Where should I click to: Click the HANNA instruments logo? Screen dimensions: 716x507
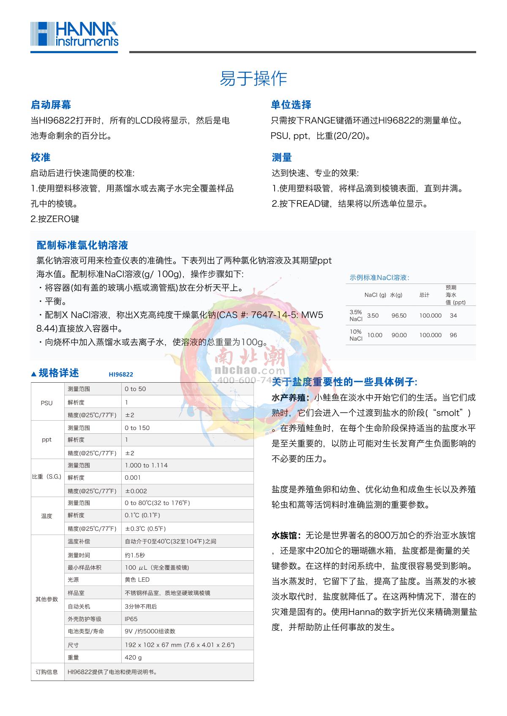point(74,35)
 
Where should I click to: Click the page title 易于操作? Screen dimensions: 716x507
point(253,79)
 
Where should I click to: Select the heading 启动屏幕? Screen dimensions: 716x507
point(51,105)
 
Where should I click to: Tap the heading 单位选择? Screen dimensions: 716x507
point(291,105)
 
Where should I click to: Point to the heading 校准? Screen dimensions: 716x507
point(41,157)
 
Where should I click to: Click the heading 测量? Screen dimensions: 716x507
point(282,157)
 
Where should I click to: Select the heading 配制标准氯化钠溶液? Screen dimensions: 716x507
point(82,245)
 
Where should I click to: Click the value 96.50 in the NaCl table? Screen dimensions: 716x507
point(398,316)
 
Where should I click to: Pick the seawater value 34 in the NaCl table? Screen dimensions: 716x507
point(453,316)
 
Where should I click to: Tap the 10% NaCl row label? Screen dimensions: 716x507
point(356,335)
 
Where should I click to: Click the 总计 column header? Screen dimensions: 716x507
point(424,295)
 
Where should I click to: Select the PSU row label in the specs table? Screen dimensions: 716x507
point(46,403)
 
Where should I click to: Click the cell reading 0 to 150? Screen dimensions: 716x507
point(137,428)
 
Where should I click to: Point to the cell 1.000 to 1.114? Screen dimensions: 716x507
point(146,465)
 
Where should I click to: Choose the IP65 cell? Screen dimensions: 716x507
point(131,619)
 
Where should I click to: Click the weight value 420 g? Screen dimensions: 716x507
point(133,657)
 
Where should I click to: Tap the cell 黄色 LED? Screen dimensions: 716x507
point(137,580)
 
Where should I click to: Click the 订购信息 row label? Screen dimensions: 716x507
point(46,672)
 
